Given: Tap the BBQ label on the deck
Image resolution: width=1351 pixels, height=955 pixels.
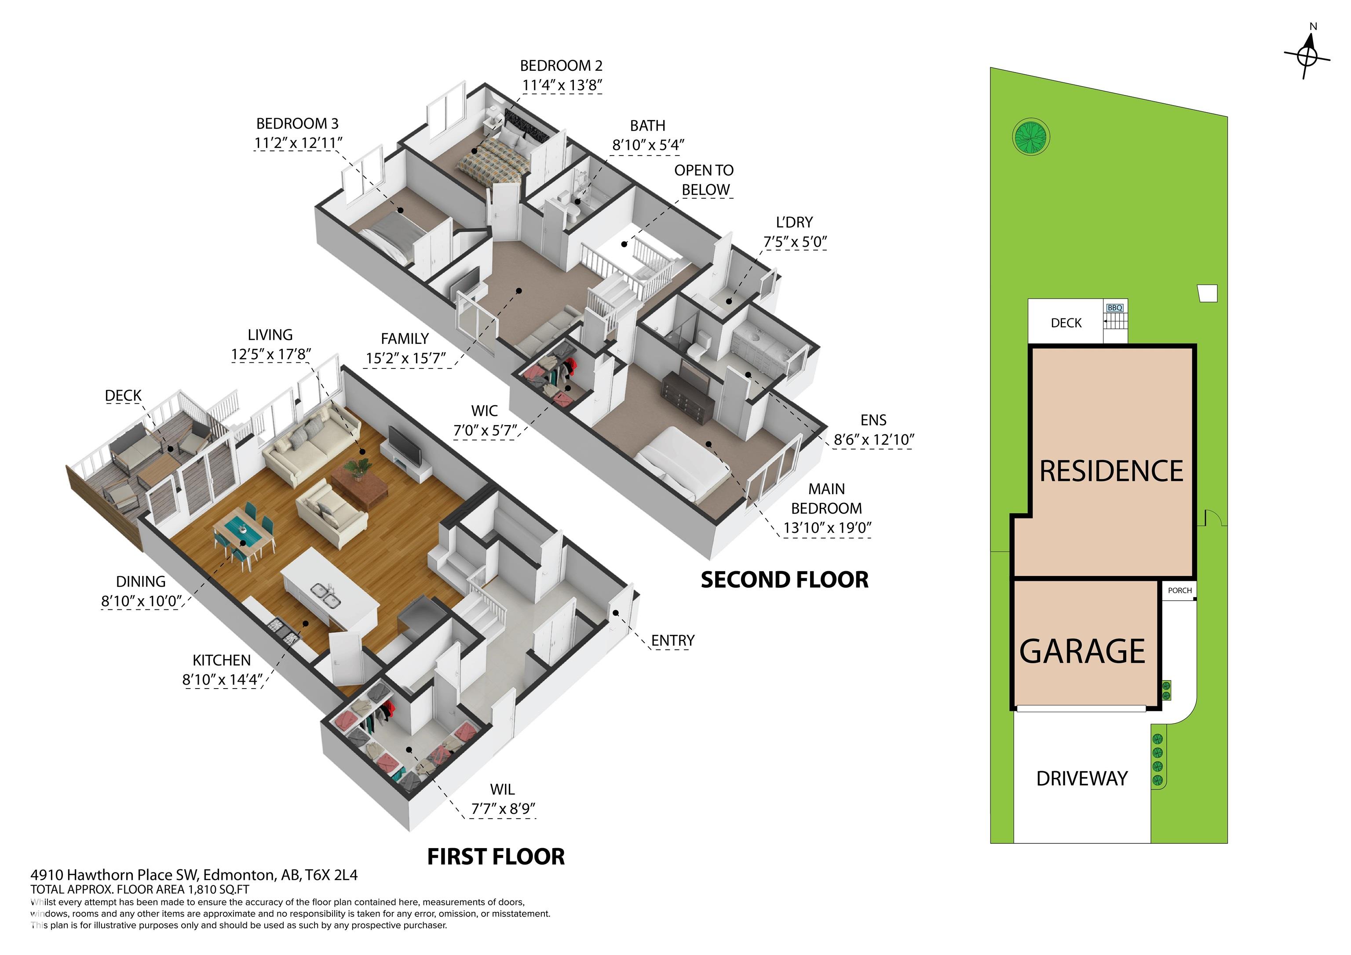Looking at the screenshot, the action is pyautogui.click(x=1114, y=308).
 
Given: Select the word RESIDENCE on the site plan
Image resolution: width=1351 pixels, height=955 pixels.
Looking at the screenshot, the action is pyautogui.click(x=1111, y=471).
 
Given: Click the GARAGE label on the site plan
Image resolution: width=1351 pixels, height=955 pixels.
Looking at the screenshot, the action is pyautogui.click(x=1082, y=651).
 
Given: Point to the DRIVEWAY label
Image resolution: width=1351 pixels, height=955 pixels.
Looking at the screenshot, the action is pyautogui.click(x=1081, y=779).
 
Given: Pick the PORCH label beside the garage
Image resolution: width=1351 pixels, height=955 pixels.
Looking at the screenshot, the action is pyautogui.click(x=1180, y=590).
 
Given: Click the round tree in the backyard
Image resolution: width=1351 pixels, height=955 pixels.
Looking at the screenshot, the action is pyautogui.click(x=1031, y=137).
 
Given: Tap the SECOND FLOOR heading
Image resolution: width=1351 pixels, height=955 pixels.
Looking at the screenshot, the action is pyautogui.click(x=785, y=580).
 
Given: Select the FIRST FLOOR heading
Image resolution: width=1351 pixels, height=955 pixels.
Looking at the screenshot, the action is pyautogui.click(x=496, y=857).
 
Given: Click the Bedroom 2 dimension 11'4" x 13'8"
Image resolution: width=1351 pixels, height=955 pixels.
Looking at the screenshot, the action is pyautogui.click(x=562, y=85).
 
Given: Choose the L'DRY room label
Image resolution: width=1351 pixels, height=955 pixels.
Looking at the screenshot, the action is pyautogui.click(x=794, y=222).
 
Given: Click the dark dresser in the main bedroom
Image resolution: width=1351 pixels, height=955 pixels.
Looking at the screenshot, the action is pyautogui.click(x=688, y=395).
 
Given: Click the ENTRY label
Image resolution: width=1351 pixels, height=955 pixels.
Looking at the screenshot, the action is pyautogui.click(x=672, y=640).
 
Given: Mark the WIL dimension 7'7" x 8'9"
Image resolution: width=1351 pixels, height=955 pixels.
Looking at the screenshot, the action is pyautogui.click(x=503, y=809).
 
